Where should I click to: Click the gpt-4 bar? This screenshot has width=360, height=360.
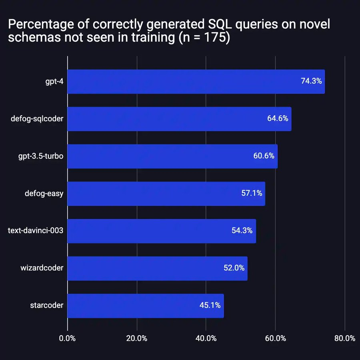coord(196,82)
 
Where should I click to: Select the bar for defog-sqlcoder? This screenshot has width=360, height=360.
coord(179,119)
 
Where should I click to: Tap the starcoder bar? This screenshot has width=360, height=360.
coord(146,306)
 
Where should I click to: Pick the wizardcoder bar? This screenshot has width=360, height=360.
coord(157,268)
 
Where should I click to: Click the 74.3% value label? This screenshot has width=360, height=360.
coord(311,81)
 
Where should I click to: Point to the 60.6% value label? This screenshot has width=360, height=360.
coord(264,156)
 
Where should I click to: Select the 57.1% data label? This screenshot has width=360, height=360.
coord(252,193)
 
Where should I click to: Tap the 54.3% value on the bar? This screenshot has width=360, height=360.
coord(242,231)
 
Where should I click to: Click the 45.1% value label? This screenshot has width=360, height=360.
coord(210,306)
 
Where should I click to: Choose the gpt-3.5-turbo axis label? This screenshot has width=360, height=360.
coord(40,156)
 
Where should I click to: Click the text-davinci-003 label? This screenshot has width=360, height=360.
coord(36,231)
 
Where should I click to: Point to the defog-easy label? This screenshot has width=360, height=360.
coord(44,194)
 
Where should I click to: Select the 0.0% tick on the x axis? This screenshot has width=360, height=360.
coord(67,338)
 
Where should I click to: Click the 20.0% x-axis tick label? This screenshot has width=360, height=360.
coord(137,338)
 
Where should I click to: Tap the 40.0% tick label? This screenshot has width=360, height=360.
coord(206,338)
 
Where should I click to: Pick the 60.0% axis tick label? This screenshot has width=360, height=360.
coord(275,338)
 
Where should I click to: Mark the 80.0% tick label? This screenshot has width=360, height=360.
coord(344,338)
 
